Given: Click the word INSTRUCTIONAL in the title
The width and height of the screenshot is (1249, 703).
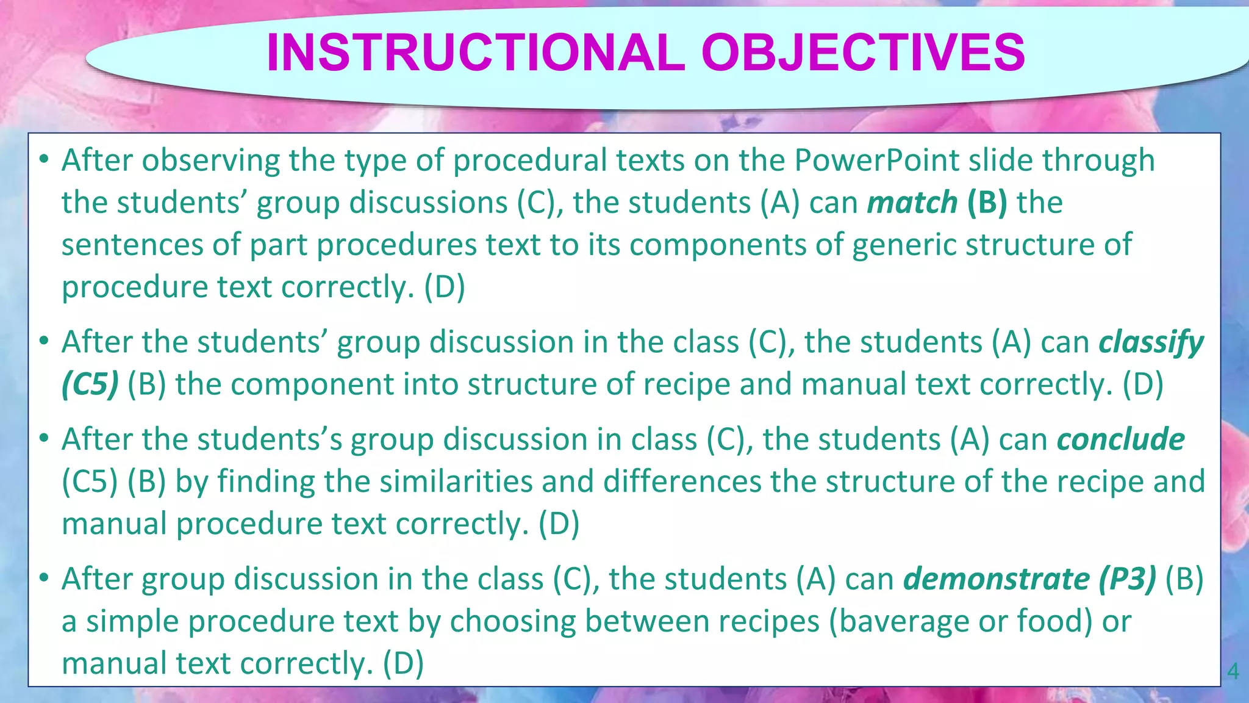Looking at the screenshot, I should tap(476, 52).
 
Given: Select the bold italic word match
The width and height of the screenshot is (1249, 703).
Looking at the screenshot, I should tap(912, 203).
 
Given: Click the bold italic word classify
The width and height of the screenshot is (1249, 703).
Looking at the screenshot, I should tap(1151, 342).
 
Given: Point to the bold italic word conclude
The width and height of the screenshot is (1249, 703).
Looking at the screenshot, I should tap(1120, 439).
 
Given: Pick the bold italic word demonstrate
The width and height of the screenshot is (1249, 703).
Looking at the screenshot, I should tap(995, 579).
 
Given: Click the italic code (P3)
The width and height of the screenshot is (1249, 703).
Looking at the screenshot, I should tap(1128, 579).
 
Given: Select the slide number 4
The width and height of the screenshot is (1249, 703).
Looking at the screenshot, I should tap(1233, 672).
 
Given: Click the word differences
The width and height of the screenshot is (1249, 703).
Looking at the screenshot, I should tap(682, 481).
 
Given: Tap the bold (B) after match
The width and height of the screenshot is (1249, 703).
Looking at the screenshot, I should tap(987, 203).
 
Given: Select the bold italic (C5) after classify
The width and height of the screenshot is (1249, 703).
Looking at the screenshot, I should tap(90, 384).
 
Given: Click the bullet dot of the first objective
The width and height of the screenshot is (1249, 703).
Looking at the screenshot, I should tap(43, 160).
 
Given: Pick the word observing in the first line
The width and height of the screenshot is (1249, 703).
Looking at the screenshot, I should tap(210, 160).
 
